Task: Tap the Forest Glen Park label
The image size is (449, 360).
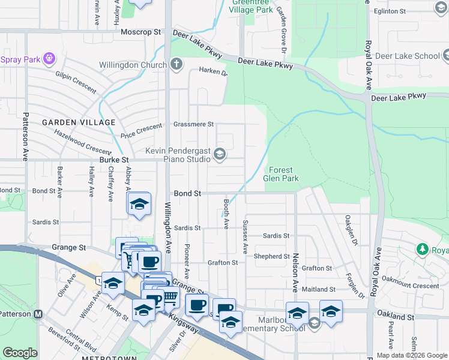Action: (280, 174)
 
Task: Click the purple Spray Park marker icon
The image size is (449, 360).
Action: (49, 59)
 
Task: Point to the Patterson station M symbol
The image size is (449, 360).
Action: (38, 314)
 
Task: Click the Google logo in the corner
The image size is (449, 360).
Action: (20, 353)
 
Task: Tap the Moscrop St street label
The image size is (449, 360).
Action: (141, 31)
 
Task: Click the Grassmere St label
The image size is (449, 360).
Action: (193, 124)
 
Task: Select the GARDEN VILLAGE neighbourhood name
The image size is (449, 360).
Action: (78, 122)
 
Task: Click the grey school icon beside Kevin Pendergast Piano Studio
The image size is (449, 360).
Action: (220, 155)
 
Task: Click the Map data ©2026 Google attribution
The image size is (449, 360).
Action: (411, 355)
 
